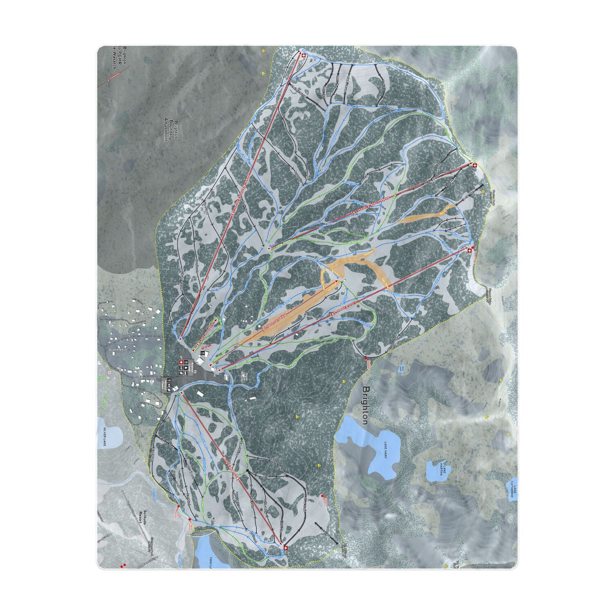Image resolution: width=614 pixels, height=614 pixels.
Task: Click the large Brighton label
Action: click(365, 405)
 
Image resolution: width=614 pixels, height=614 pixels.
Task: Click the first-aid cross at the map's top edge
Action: click(303, 55)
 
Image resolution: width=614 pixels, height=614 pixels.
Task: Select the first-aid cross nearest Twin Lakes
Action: click(286, 548)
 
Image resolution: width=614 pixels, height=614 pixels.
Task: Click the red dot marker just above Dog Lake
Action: click(366, 359)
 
